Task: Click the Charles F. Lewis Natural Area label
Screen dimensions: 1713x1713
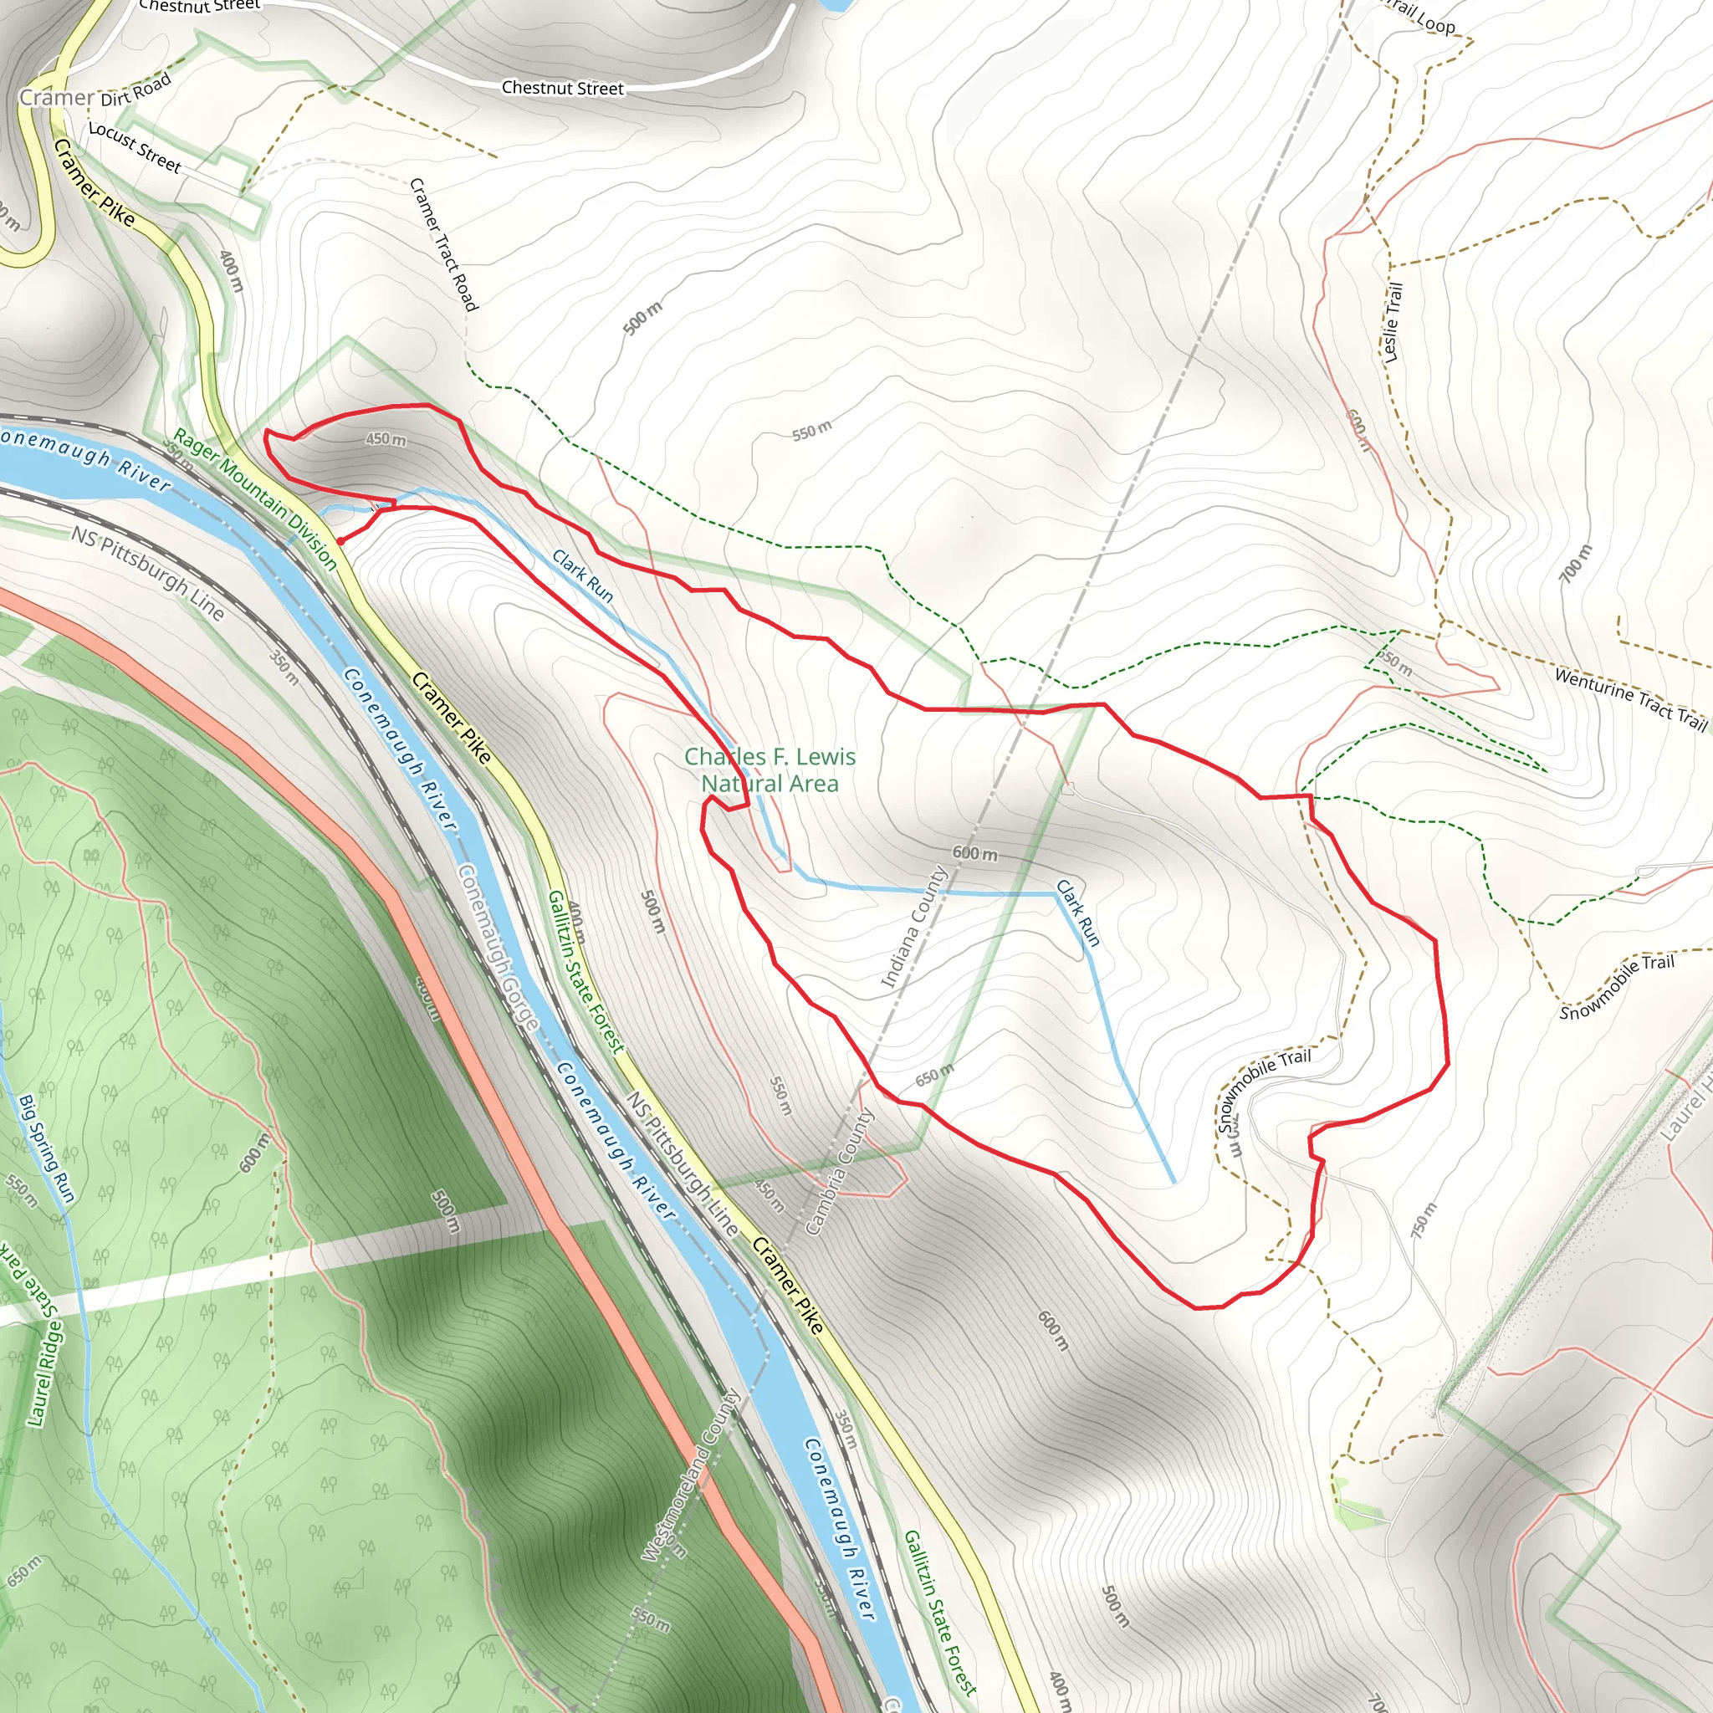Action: (x=770, y=770)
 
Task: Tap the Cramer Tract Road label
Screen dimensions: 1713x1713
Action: (x=443, y=245)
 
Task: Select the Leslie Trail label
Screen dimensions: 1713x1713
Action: (x=1393, y=322)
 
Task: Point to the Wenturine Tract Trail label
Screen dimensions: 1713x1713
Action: (x=1630, y=698)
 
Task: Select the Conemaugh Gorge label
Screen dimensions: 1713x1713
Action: (x=499, y=947)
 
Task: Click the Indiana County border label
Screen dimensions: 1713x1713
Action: (x=914, y=928)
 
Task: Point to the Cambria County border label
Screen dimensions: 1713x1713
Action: (x=840, y=1170)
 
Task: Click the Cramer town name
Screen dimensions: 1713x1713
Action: (x=57, y=98)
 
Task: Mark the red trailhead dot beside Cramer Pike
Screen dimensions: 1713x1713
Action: (x=340, y=540)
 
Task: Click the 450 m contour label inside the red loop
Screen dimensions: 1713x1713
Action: (x=386, y=440)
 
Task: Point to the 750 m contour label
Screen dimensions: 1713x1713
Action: (x=1423, y=1221)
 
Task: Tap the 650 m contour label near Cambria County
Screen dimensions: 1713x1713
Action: (x=934, y=1075)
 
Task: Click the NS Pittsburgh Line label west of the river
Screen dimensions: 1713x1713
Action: (x=148, y=573)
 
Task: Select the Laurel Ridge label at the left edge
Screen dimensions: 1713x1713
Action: (x=44, y=1374)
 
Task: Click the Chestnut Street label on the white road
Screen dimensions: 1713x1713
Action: (x=562, y=88)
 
